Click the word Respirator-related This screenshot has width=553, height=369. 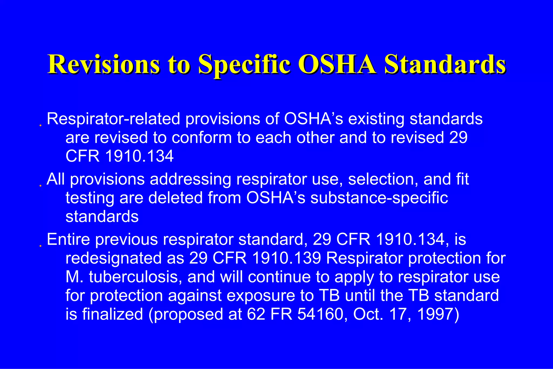(113, 119)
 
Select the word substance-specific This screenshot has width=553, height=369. (379, 198)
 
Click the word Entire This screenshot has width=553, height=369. (68, 240)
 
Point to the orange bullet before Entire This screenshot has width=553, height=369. (40, 246)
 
